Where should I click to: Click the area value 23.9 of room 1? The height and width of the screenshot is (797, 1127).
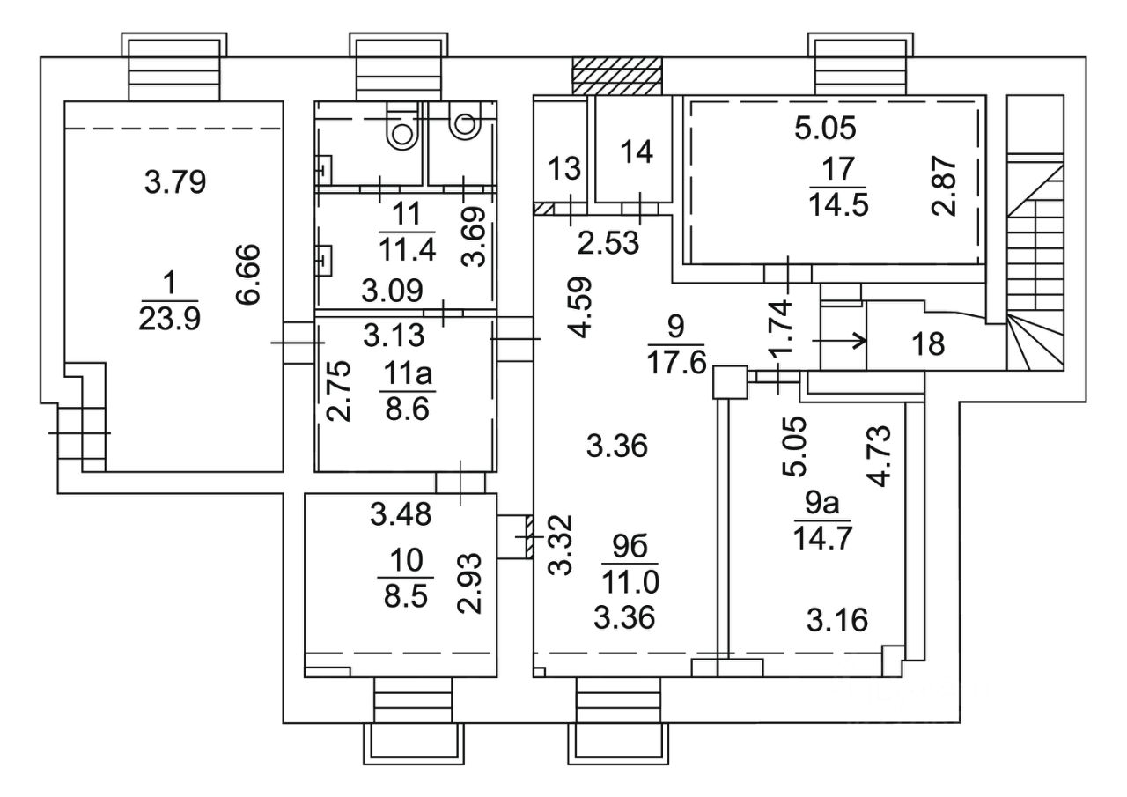pos(170,318)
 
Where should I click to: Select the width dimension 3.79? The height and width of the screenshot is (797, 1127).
pos(174,183)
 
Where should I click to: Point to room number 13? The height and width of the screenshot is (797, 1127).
pos(563,166)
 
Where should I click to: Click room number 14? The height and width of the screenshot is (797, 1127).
pos(637,151)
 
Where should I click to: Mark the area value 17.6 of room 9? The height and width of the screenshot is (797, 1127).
pos(676,360)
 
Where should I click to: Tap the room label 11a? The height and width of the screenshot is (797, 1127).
pos(405,374)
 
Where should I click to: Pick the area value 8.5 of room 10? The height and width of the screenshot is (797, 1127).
pos(405,598)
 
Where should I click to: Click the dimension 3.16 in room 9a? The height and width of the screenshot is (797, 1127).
pos(837,620)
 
